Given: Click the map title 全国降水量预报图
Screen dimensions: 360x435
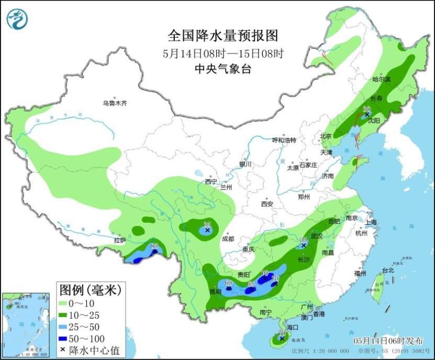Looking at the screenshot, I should (x=222, y=36).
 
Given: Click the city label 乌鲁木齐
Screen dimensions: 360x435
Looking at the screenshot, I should (x=115, y=103).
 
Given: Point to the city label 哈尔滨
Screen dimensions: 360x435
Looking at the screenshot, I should (x=381, y=80).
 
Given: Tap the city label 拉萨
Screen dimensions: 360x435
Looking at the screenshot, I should (x=120, y=241).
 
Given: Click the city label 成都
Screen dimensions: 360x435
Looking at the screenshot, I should (x=228, y=238).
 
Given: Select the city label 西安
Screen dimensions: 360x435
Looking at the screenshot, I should (x=267, y=204).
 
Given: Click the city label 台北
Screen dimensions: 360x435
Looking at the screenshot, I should (x=387, y=271).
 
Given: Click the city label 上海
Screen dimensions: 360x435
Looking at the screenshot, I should (x=372, y=222).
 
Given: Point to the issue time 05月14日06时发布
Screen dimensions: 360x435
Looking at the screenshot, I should (x=387, y=341).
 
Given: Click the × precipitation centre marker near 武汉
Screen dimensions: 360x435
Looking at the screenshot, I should (x=304, y=245).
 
